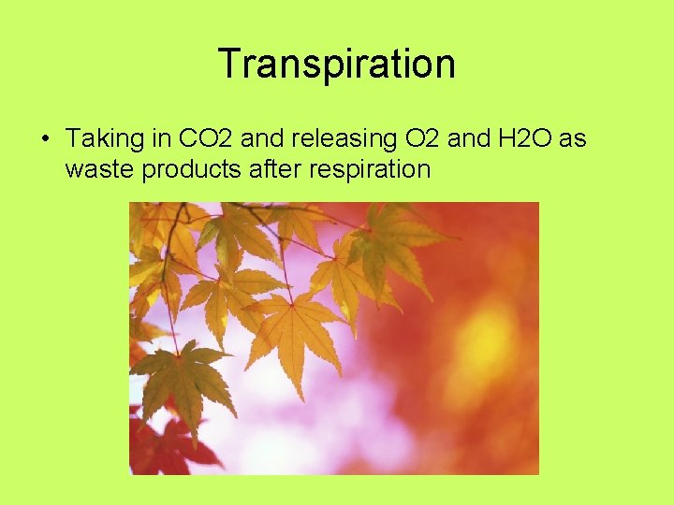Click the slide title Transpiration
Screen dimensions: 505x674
point(337,64)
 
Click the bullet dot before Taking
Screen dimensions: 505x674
point(44,139)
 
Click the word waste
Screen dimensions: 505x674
point(96,169)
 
